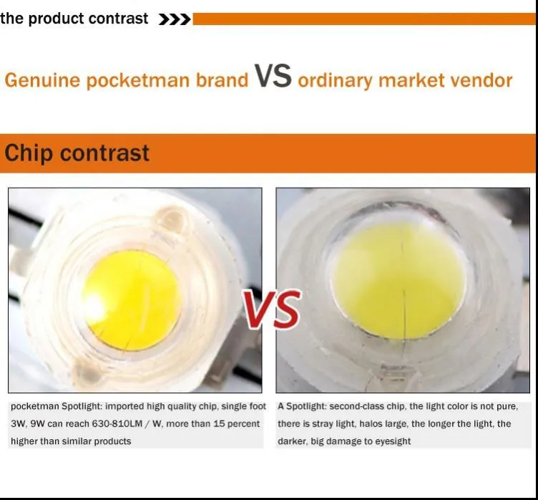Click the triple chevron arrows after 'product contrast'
point(175,19)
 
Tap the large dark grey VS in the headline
point(273,76)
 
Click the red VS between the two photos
point(272,309)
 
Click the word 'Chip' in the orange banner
point(29,153)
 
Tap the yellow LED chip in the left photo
point(132,301)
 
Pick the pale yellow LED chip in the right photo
point(399,281)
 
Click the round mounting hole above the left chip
point(171,220)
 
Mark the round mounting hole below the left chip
point(87,372)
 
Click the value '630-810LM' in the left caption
point(117,424)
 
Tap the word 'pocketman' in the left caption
point(35,407)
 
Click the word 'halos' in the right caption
point(370,424)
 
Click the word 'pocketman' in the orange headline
point(138,80)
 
